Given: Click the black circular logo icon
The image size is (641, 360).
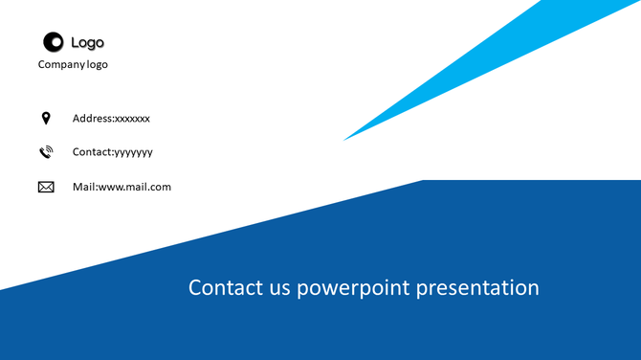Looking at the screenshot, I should tap(53, 41).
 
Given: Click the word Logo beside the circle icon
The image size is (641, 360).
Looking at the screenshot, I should tap(87, 42).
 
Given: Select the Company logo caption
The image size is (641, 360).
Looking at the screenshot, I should tap(73, 64).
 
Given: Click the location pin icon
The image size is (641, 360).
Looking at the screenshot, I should tap(45, 118).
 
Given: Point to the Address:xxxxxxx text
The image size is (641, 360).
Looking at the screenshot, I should tap(111, 119).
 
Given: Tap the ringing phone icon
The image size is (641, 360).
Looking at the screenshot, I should tap(45, 152).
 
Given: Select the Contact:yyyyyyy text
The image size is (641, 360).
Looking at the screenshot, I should tap(112, 152).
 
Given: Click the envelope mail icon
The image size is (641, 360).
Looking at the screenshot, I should tap(46, 187).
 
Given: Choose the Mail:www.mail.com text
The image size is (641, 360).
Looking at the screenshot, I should tap(122, 187).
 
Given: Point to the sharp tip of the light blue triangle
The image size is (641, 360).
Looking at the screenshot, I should tap(346, 139).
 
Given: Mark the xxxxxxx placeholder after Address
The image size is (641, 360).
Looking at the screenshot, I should tap(132, 119).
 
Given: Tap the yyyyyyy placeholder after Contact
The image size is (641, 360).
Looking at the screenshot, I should tap(133, 152).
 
